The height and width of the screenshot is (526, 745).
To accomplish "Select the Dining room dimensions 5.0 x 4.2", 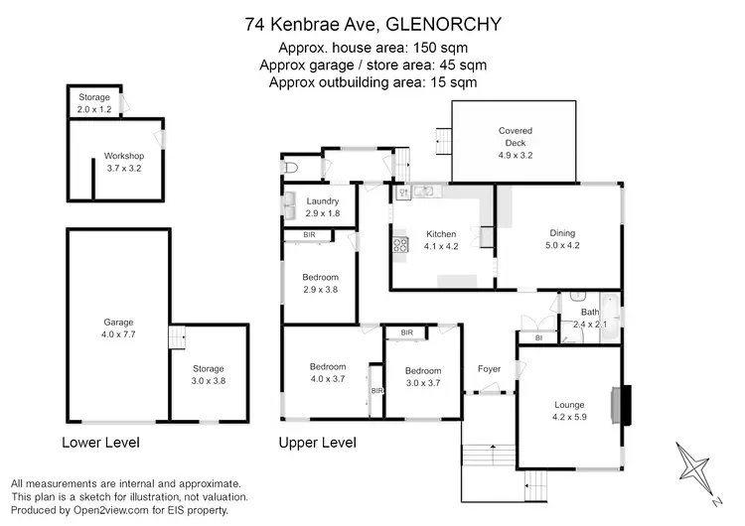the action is pos(562,245).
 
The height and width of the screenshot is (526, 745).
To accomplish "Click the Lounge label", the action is pos(569,404).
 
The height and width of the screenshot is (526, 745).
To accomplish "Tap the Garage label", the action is pos(118,322).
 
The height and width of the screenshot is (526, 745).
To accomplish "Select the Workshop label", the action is pos(124,156).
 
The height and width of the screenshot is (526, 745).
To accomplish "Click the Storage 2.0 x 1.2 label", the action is pos(95,102).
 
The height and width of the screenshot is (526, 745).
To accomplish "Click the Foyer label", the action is pos(489,369).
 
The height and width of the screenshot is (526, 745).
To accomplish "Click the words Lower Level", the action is pos(100,443).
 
